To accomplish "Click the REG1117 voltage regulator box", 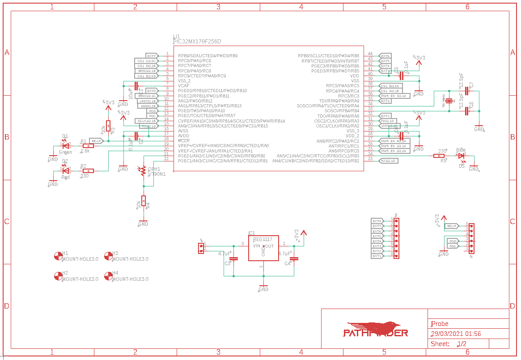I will point(263,248).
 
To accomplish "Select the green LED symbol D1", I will point(66,145).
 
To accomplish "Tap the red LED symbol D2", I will point(66,170).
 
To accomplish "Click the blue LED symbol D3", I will point(462,156).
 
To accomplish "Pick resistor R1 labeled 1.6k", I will point(88,145).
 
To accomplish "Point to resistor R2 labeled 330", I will point(88,170).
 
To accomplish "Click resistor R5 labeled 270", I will point(438,156).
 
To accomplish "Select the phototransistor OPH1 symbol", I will point(144,171).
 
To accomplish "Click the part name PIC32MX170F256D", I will point(197,42).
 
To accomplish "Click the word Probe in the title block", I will point(440,324).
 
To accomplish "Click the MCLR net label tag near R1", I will point(97,141).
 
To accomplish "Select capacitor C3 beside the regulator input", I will point(233,258).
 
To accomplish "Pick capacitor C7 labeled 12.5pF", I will point(467,91).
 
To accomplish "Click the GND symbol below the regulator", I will point(264,288).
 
